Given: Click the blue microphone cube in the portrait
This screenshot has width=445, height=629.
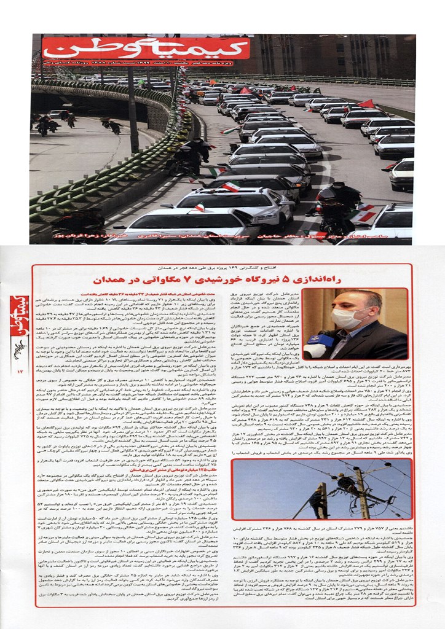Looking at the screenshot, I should coord(317,343).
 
